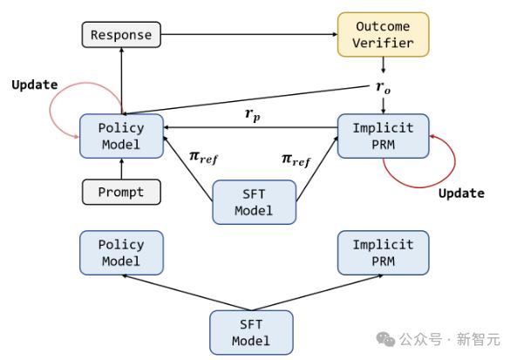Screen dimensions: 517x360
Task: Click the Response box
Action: pos(121,35)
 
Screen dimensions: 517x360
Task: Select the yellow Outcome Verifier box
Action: pos(383,35)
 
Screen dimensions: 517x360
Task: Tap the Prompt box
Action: pos(121,192)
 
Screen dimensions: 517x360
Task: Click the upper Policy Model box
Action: pos(121,136)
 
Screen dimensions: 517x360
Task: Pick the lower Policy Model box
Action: pos(121,253)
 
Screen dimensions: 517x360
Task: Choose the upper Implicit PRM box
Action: pos(383,136)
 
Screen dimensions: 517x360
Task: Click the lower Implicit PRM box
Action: pos(383,253)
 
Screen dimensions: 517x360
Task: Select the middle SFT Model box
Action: pos(255,202)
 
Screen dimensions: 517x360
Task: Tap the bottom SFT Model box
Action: pos(251,332)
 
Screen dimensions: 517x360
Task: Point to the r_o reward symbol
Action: pos(383,87)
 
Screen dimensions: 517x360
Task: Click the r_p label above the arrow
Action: pos(253,114)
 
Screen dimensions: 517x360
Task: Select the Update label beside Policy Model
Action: pos(35,85)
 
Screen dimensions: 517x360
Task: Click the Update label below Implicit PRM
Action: pos(461,194)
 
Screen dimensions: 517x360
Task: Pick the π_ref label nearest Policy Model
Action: pos(203,157)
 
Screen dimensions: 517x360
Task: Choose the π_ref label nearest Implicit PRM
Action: pos(296,160)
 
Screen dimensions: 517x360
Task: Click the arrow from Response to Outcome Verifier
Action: pos(249,34)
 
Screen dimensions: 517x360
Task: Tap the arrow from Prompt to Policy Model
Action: pos(121,169)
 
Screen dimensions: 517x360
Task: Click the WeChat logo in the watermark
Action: pos(385,339)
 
